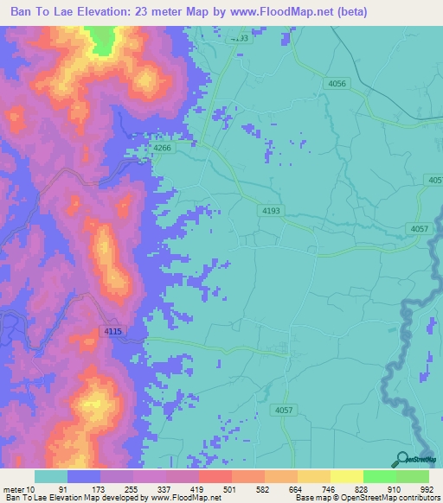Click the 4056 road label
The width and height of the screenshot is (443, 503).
[x=337, y=83]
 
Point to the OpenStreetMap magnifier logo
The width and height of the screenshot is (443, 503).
[x=401, y=459]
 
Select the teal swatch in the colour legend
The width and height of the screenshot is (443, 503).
[x=51, y=476]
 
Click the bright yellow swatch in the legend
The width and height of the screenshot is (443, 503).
[x=346, y=476]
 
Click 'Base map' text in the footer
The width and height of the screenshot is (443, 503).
[x=314, y=498]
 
